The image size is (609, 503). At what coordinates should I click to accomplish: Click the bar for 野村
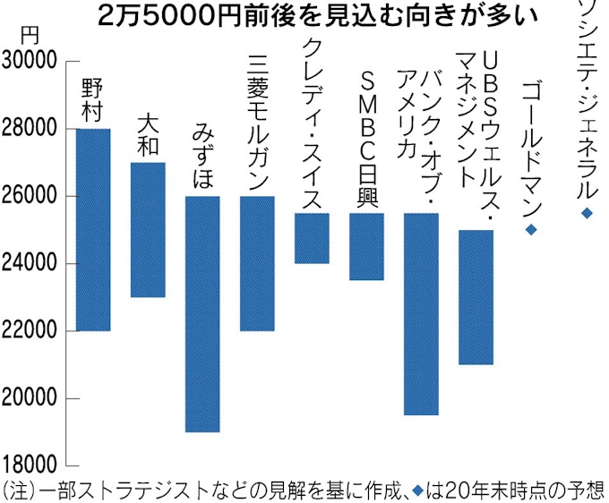click(93, 230)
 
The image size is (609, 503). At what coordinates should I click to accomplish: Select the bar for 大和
click(148, 230)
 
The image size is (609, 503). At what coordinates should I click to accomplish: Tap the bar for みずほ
click(202, 314)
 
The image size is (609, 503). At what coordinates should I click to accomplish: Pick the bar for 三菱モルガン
click(257, 263)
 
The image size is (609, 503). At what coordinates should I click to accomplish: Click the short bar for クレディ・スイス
click(312, 238)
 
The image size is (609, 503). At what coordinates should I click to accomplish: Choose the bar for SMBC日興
click(366, 246)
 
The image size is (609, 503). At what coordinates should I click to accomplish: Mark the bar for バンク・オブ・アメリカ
click(421, 314)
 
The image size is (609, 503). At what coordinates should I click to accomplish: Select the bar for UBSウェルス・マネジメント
click(476, 297)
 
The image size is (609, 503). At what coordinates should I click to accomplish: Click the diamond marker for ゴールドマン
click(530, 230)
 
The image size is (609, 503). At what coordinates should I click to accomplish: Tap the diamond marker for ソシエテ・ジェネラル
click(587, 213)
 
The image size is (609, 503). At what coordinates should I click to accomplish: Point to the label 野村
click(93, 100)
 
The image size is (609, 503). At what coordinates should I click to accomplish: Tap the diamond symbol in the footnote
click(419, 489)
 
